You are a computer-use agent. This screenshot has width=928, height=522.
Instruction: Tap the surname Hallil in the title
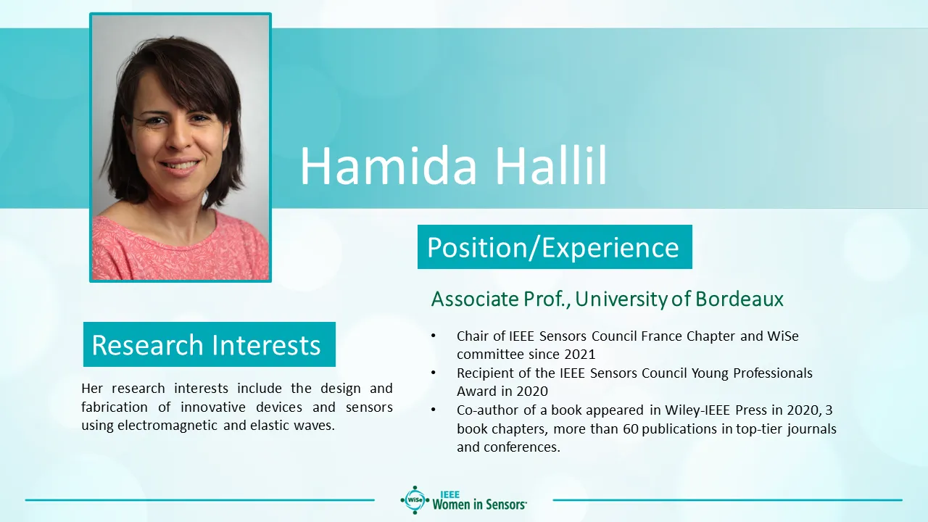(552, 165)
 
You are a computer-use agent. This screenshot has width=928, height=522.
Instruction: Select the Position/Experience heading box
(555, 247)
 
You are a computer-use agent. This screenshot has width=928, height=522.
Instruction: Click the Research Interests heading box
(210, 344)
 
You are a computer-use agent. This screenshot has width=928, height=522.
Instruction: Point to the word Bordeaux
(739, 299)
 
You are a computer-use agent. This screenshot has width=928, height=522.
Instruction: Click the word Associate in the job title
(475, 299)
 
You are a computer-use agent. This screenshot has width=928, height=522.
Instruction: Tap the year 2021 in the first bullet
(579, 355)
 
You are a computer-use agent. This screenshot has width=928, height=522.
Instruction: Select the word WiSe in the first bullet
(782, 336)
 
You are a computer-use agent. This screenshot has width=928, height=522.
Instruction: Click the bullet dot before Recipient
(434, 373)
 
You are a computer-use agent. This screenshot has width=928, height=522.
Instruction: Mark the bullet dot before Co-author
(434, 410)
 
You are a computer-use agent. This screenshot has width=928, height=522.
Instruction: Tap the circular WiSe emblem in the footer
(415, 500)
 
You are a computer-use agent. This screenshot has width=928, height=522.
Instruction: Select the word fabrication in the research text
(115, 407)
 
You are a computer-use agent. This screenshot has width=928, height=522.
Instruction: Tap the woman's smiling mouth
(180, 166)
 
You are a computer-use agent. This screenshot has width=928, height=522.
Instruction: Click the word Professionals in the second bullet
(773, 373)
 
